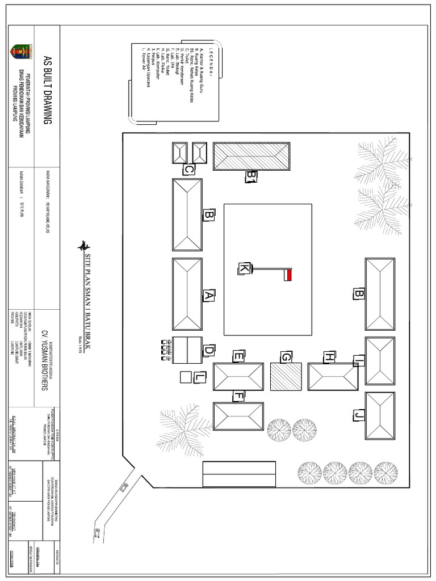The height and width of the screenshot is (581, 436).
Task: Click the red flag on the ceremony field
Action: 288,275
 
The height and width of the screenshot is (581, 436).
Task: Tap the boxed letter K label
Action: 244,268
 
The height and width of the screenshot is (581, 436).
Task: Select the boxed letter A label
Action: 208,295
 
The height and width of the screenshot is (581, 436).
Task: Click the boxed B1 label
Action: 251,177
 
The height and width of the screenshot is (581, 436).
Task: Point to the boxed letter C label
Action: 189,169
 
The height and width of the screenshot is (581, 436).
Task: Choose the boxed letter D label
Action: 208,352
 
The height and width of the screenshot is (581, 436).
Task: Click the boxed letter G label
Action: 286,357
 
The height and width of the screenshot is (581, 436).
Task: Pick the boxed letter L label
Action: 199,377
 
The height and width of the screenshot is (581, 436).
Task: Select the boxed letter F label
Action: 240,396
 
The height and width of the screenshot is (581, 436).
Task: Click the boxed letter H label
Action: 328,357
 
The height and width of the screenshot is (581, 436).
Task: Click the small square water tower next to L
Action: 185,377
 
